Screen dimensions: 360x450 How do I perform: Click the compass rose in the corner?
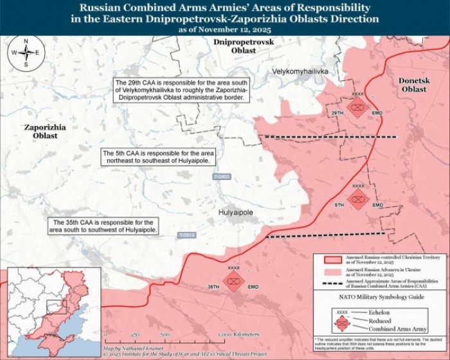(26, 53)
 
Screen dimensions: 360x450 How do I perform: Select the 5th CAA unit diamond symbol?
(357, 200)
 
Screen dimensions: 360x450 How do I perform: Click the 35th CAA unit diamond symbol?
(233, 281)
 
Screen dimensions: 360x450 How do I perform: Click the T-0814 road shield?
(187, 236)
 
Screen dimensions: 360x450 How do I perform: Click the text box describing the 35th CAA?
(104, 225)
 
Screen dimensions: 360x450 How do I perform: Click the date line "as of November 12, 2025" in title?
(224, 30)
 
